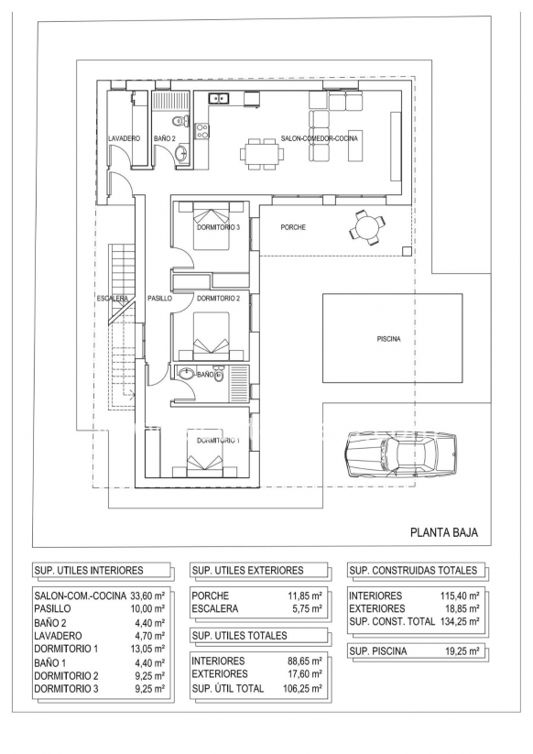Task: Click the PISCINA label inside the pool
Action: (x=388, y=339)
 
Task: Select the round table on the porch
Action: (x=367, y=226)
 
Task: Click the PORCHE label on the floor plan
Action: (x=293, y=227)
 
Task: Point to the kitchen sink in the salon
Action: (x=219, y=99)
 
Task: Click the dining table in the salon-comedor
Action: (x=263, y=153)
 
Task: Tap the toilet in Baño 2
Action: (x=181, y=120)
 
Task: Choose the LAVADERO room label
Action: (x=124, y=138)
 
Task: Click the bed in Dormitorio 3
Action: (x=212, y=225)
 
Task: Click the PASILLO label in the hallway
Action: (x=159, y=299)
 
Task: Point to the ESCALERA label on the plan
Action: (x=113, y=299)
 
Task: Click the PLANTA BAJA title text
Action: (x=444, y=533)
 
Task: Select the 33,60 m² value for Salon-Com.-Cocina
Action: (x=147, y=596)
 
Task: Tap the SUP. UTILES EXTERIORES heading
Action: (x=247, y=570)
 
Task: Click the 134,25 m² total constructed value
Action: (x=460, y=621)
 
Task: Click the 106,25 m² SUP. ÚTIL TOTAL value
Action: (x=303, y=688)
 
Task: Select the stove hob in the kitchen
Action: (x=201, y=131)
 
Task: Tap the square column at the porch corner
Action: (x=407, y=250)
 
